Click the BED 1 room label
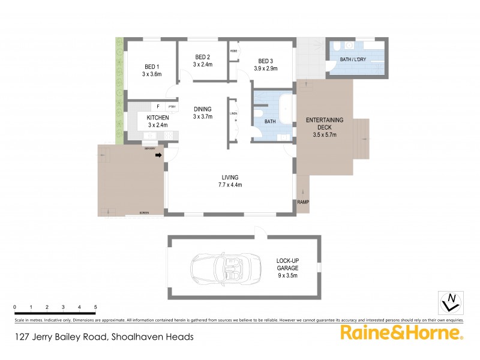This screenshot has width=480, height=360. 151,66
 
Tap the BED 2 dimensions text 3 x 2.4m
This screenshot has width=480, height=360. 202,64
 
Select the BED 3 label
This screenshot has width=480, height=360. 266,61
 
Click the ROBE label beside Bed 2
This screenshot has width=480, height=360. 233,51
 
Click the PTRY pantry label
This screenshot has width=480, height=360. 172,107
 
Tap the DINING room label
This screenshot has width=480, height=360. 203,109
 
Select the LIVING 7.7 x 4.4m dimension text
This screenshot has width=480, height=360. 230,185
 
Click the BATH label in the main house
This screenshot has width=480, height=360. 270,122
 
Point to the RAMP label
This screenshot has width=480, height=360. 303,202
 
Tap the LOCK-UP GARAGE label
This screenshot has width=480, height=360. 287,265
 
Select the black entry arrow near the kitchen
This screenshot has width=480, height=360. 158,155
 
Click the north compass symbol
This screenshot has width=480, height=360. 451,301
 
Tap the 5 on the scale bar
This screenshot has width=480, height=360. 95,307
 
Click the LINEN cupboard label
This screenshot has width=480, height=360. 232,113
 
